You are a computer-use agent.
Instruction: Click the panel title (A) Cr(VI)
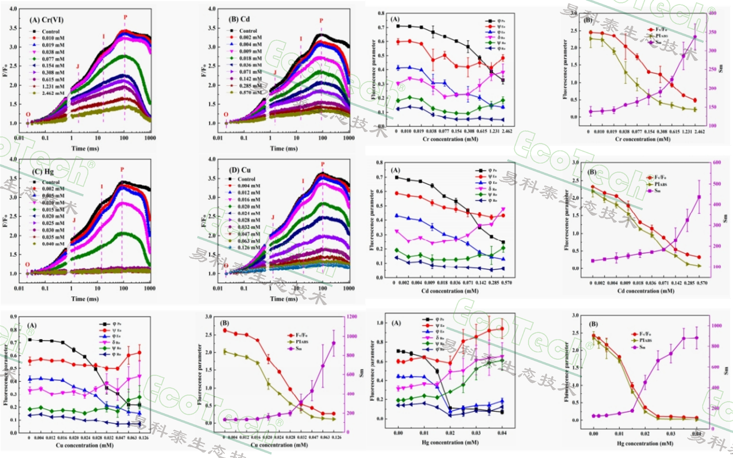pyautogui.click(x=47, y=20)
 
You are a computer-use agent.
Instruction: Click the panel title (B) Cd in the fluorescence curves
pyautogui.click(x=239, y=19)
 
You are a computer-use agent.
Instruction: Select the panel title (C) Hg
pyautogui.click(x=43, y=172)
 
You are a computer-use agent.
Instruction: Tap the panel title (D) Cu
pyautogui.click(x=240, y=170)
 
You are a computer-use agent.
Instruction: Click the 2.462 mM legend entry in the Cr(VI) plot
pyautogui.click(x=52, y=93)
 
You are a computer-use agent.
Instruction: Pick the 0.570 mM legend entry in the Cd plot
pyautogui.click(x=250, y=92)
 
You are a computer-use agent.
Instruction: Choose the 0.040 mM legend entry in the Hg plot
pyautogui.click(x=53, y=244)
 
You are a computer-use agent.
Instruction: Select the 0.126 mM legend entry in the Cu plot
pyautogui.click(x=249, y=248)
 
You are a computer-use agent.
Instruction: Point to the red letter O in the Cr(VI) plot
pyautogui.click(x=28, y=114)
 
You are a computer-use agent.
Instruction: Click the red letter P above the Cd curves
pyautogui.click(x=321, y=21)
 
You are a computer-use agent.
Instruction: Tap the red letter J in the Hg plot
pyautogui.click(x=74, y=220)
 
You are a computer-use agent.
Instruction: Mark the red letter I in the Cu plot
pyautogui.click(x=303, y=181)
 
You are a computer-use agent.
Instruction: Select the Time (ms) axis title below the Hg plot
pyautogui.click(x=85, y=299)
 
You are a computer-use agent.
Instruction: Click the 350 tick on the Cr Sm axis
pyautogui.click(x=712, y=32)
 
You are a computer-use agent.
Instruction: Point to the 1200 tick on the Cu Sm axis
pyautogui.click(x=352, y=316)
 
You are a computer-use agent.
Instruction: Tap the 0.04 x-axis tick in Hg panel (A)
pyautogui.click(x=502, y=433)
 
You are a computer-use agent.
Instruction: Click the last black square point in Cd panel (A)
pyautogui.click(x=503, y=242)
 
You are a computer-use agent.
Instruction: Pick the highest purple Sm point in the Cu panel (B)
pyautogui.click(x=334, y=343)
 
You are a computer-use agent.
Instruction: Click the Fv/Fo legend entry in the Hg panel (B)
pyautogui.click(x=645, y=334)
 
